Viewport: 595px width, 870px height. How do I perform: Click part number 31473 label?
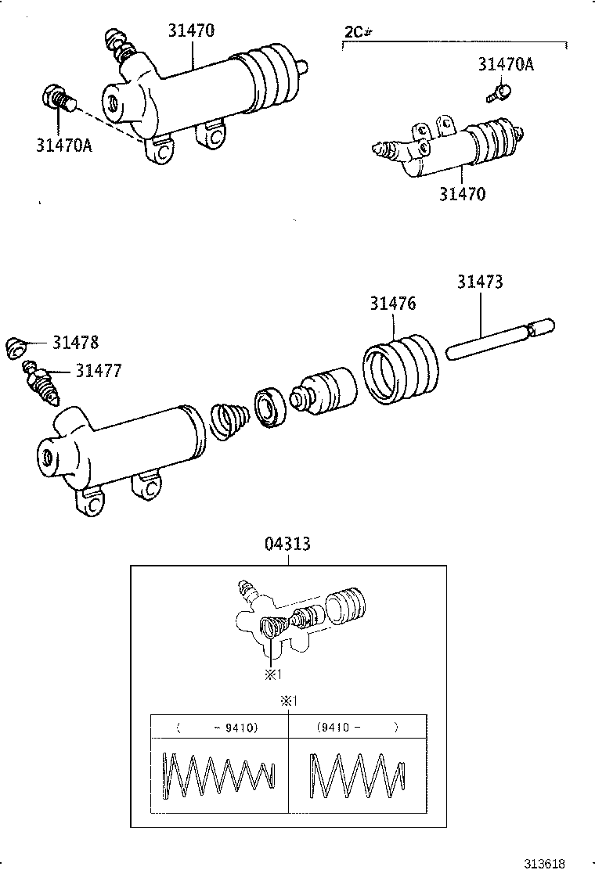(480, 282)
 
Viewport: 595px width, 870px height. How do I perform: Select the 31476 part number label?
(393, 304)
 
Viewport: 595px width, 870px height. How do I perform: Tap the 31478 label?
(76, 342)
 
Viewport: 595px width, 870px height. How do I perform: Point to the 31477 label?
(99, 370)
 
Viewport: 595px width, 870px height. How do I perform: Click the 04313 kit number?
(287, 543)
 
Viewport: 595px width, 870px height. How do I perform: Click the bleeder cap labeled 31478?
(17, 347)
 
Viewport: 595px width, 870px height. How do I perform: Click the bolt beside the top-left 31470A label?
(57, 100)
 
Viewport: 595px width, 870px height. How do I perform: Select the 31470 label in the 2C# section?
(461, 193)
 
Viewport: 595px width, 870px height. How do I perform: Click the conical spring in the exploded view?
(229, 421)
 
